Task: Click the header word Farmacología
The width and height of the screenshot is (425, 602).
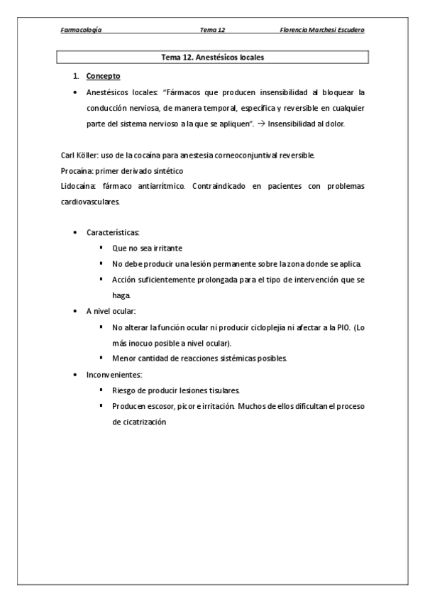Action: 81,31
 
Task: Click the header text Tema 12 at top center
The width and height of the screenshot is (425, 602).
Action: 212,31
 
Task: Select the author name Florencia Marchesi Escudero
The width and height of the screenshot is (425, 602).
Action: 324,31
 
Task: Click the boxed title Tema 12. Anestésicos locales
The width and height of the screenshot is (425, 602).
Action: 213,57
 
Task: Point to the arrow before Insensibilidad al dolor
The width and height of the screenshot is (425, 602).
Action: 259,124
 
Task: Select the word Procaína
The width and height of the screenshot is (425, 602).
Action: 76,170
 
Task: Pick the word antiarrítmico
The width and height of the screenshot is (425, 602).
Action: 156,186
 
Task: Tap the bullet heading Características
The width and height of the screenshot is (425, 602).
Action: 113,233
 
